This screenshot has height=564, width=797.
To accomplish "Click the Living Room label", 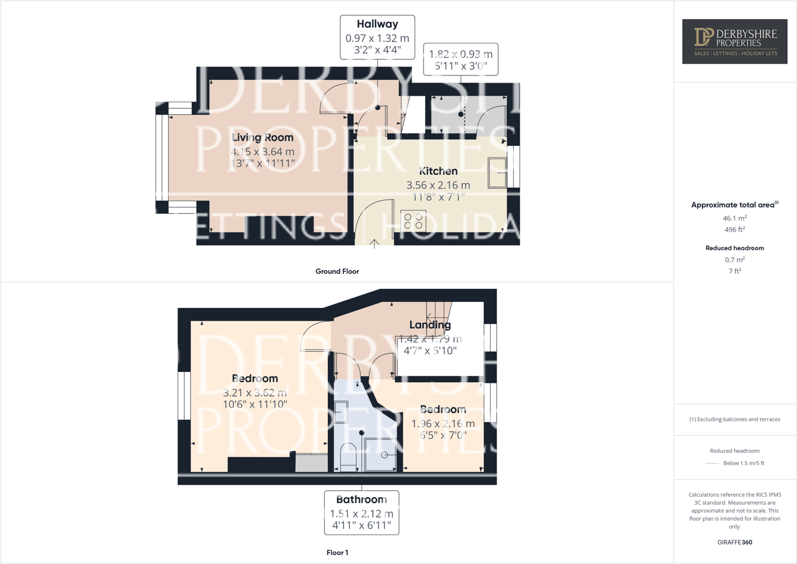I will [262, 138].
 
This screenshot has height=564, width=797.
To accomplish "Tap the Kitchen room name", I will [438, 171].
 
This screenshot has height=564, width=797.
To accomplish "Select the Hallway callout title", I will [377, 24].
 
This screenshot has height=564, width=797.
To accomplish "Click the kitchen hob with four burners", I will [413, 221].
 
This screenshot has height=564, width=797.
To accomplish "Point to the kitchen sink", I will [497, 172].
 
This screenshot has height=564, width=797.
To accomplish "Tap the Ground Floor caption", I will [337, 272].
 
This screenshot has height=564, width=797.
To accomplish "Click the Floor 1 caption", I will [337, 553].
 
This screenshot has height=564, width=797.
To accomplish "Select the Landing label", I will [430, 325].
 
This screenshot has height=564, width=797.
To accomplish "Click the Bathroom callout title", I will [361, 500].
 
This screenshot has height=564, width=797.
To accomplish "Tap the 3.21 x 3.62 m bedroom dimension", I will [255, 393].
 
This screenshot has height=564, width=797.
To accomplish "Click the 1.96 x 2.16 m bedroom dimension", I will [443, 424].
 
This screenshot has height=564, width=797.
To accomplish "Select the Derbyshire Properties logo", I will [735, 42].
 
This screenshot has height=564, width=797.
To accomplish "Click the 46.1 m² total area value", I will [735, 218].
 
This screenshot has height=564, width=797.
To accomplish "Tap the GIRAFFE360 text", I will [735, 542].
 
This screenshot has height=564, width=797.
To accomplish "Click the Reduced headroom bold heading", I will [735, 248].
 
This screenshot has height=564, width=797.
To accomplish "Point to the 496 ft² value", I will [735, 229].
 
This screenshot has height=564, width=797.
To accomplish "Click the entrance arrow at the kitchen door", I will [375, 242].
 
